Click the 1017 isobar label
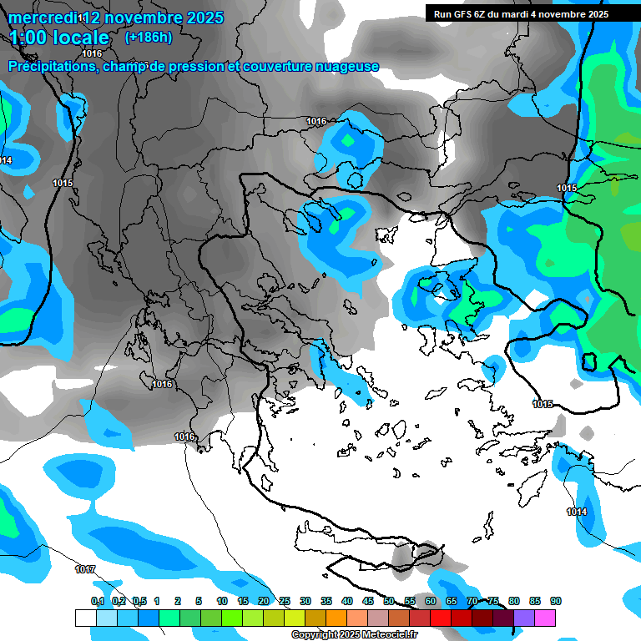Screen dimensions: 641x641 [x=84, y=569]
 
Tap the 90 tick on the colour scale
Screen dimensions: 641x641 [x=556, y=601]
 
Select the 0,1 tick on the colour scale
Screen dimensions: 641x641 [x=97, y=601]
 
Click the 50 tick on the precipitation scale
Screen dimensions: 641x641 [x=389, y=601]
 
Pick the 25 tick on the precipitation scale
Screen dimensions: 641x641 [x=285, y=601]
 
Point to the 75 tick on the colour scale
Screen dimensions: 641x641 [x=493, y=601]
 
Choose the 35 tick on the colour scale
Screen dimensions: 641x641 [x=326, y=601]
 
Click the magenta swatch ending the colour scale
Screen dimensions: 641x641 [x=545, y=618]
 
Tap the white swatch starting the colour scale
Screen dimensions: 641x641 [x=86, y=618]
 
